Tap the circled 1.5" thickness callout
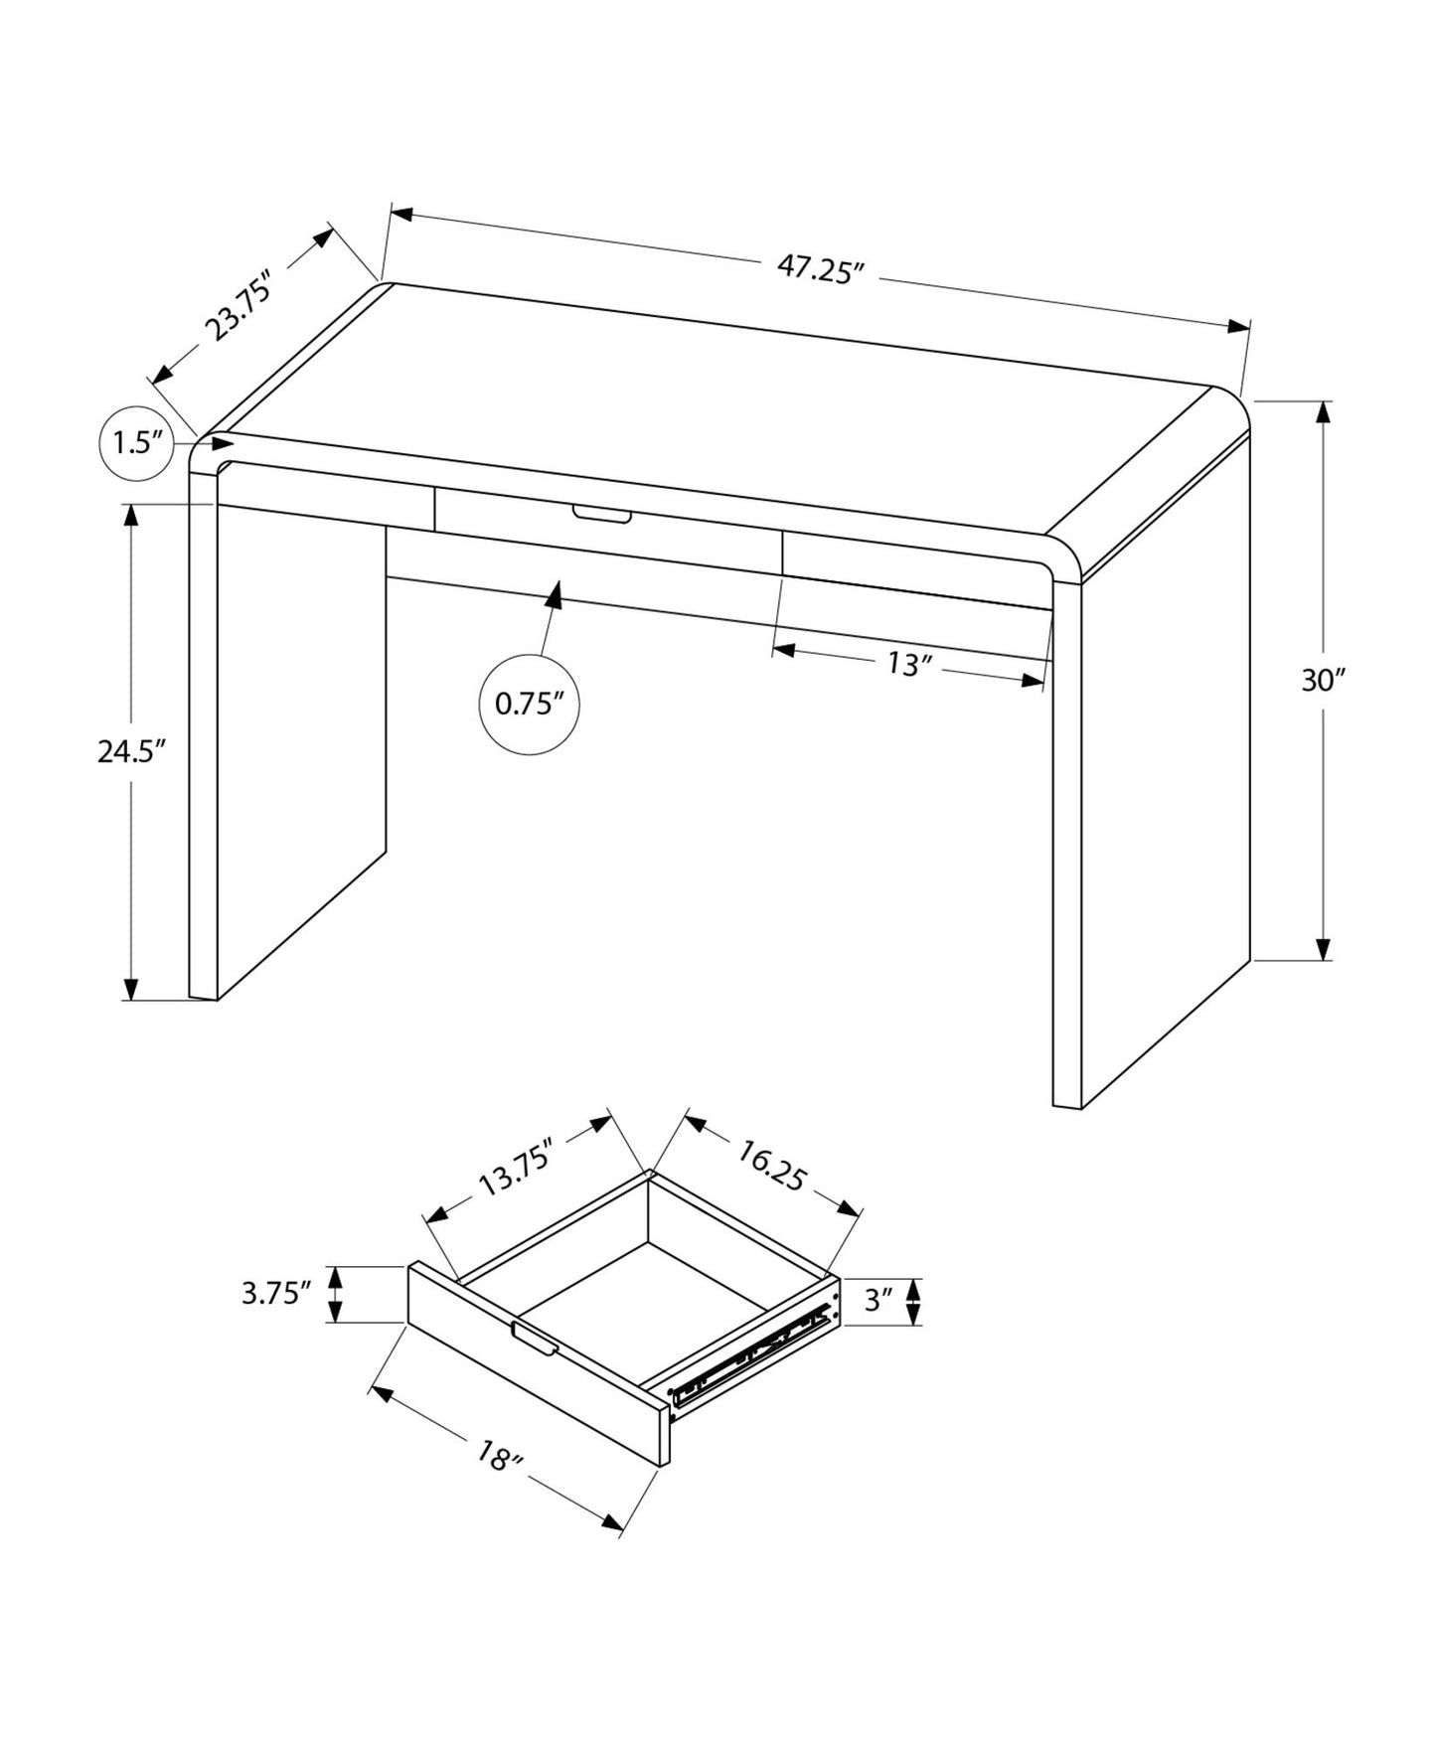point(137,443)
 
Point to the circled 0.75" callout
point(529,705)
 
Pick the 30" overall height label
point(1323,681)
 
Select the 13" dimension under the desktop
point(905,664)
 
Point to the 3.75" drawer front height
point(276,1294)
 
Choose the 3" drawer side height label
point(878,1300)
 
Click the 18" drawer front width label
point(499,1460)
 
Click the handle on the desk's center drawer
point(601,514)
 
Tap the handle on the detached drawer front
point(535,1339)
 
